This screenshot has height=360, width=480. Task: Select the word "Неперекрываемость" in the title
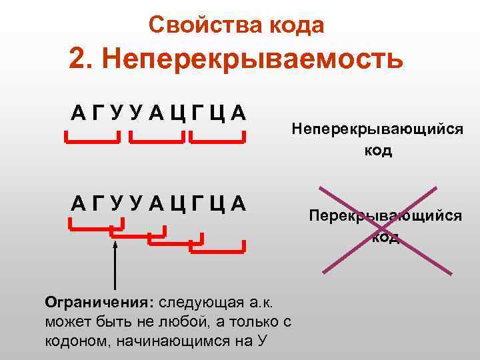click(254, 60)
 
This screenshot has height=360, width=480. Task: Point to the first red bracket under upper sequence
click(93, 139)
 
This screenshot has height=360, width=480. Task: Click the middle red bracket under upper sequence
click(157, 139)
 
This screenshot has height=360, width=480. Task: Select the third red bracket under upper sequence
click(217, 139)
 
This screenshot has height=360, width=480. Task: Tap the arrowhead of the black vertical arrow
click(115, 245)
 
